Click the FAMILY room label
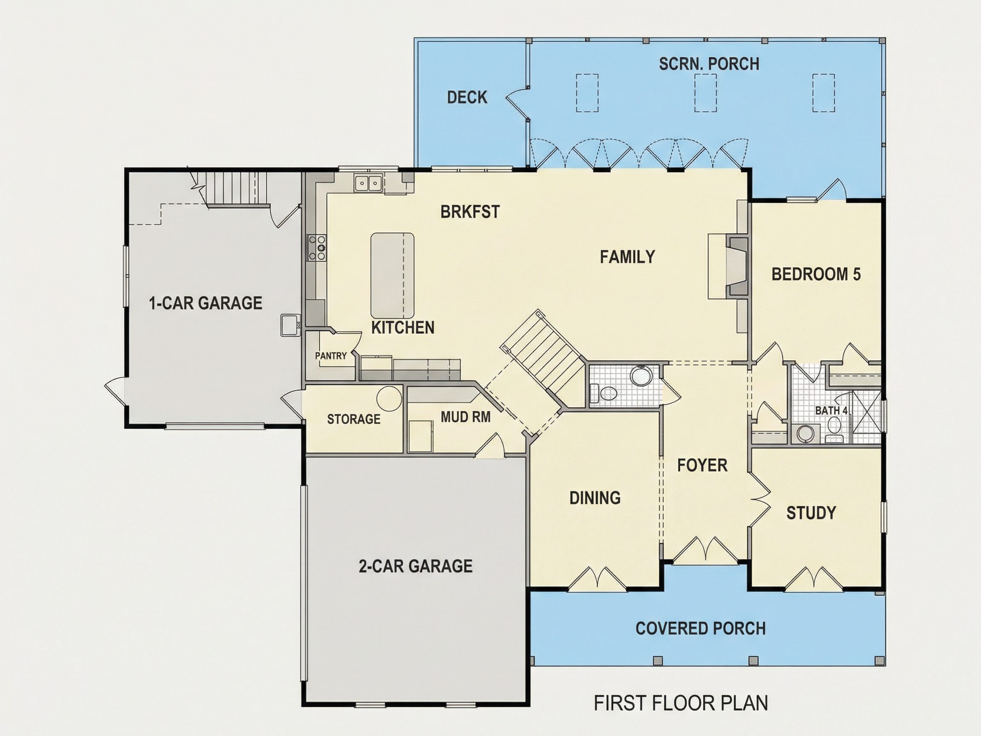[x=627, y=257]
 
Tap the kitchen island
[x=392, y=276]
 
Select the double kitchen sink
[x=368, y=183]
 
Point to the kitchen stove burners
[x=318, y=247]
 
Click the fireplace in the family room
[x=737, y=266]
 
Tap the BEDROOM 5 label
[x=816, y=274]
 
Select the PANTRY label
[x=331, y=356]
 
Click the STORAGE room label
[x=353, y=419]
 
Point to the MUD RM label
[x=466, y=417]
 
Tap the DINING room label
[x=595, y=498]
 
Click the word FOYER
[x=702, y=466]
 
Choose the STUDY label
[x=811, y=513]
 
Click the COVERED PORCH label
[x=700, y=628]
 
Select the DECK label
[x=467, y=97]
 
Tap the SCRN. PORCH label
[x=708, y=64]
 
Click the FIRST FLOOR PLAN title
[x=681, y=703]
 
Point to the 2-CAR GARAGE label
[x=416, y=566]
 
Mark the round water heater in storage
[x=389, y=398]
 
